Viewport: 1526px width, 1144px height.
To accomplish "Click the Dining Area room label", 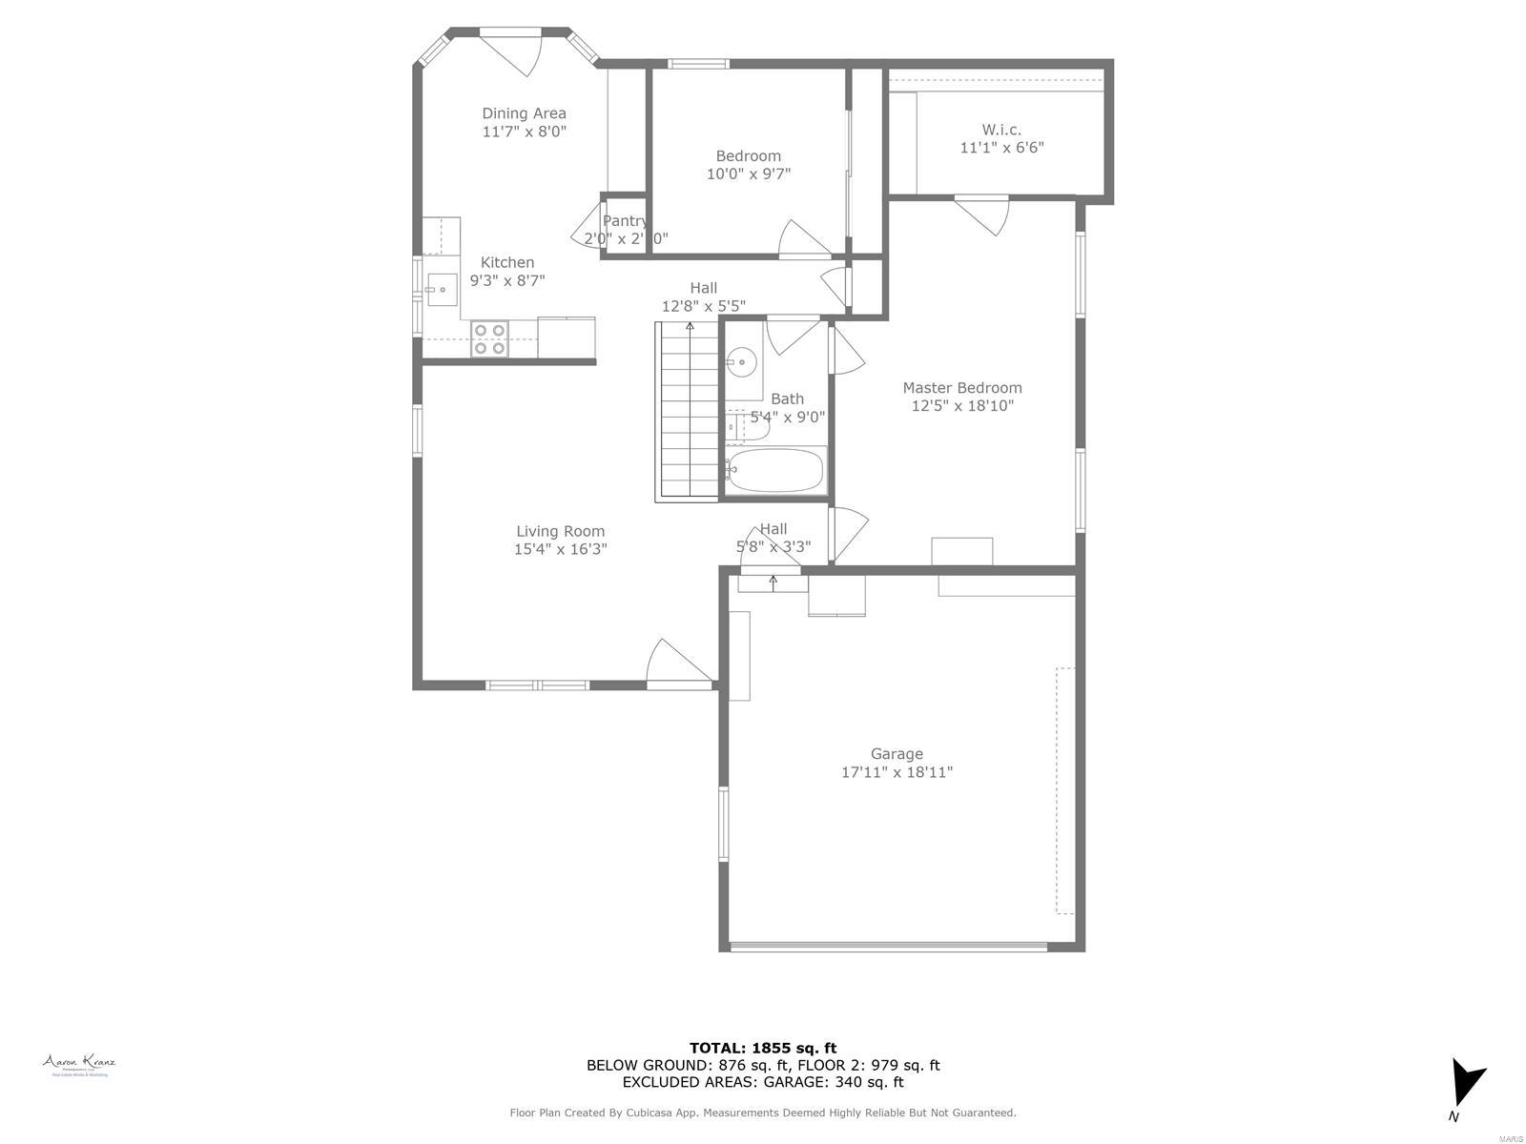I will tap(524, 113).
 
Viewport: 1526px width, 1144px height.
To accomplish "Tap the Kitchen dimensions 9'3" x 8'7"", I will tap(507, 280).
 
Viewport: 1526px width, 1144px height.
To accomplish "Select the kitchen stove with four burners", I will tap(489, 339).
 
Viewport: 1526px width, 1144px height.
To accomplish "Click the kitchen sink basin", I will tap(441, 289).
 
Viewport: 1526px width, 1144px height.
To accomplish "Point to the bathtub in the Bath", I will tap(775, 470).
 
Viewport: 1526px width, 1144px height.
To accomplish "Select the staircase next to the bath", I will tap(687, 411).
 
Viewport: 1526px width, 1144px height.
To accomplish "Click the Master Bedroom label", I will tap(962, 388).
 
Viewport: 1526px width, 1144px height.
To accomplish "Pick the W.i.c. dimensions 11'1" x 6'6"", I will tap(1001, 148).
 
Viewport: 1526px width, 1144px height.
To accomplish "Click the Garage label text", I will tap(897, 754).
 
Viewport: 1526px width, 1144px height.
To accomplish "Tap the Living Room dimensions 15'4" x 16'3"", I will tap(561, 549).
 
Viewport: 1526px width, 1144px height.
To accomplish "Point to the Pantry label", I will tap(625, 221).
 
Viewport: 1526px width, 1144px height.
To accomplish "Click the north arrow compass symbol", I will tap(1466, 1087).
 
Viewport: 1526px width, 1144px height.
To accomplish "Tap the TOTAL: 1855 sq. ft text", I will tap(763, 1048).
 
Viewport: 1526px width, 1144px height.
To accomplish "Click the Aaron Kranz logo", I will tap(79, 1065).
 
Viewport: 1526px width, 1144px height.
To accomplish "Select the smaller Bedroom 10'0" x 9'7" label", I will tap(749, 156).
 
